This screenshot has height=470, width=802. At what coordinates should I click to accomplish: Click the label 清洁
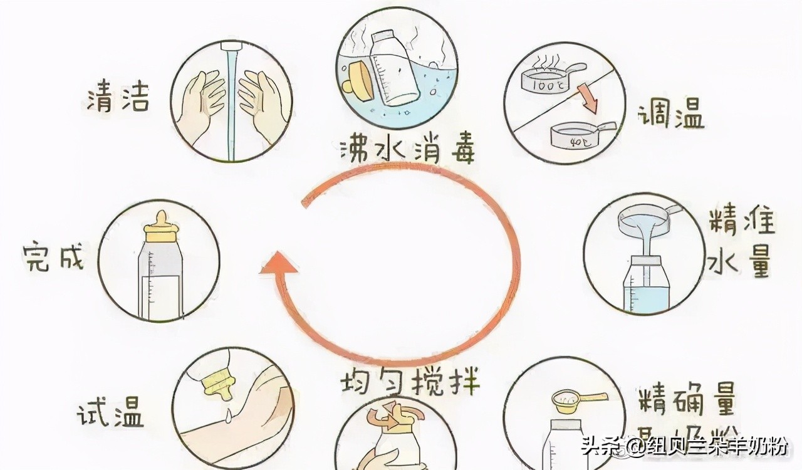point(118,98)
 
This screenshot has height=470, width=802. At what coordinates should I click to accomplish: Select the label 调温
point(670,117)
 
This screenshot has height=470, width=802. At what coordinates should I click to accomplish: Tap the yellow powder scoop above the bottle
point(573,399)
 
